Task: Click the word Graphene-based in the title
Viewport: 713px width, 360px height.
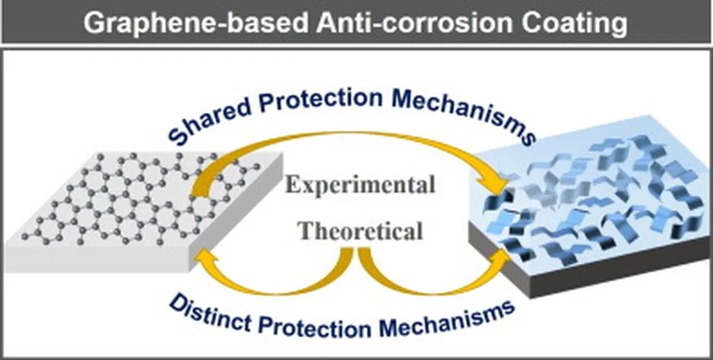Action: point(196,23)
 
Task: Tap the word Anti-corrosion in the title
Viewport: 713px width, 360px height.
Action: point(416,22)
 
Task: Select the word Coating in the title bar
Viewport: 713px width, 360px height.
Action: point(574,23)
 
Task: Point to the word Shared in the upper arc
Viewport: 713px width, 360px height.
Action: point(204,118)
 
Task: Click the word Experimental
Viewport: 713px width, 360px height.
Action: point(360,185)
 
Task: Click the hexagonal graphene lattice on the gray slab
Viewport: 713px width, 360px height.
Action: point(146,196)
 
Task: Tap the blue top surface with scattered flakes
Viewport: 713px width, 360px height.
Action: point(591,196)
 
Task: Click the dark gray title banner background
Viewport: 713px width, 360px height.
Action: point(356,22)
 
